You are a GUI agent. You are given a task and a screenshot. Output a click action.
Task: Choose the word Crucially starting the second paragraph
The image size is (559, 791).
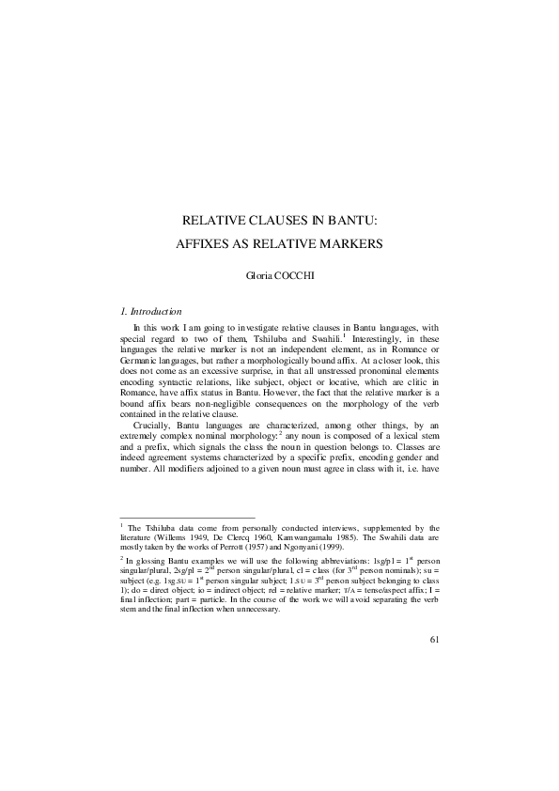tap(152, 427)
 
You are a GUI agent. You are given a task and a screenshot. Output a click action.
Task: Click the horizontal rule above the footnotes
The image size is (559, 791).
tap(187, 518)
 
